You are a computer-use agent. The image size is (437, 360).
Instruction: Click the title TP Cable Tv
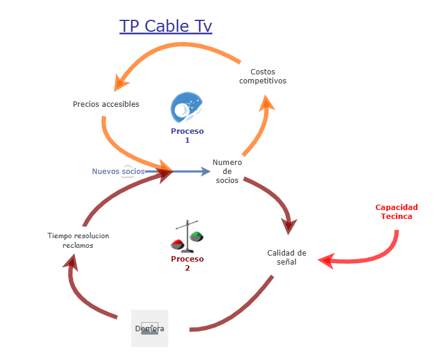pos(165,26)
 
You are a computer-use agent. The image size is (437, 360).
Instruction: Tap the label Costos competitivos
pos(263,76)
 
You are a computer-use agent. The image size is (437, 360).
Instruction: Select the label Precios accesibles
pos(106,104)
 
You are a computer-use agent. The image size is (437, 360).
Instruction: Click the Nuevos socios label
pos(118,172)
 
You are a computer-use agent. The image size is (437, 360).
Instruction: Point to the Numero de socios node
pos(227,172)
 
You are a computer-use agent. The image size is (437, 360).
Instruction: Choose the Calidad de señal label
pos(287,257)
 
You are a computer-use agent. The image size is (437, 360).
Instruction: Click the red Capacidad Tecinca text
pos(396,212)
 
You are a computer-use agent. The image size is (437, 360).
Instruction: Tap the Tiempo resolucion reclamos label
pos(78,241)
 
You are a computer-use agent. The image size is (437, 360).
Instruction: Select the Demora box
pos(150,328)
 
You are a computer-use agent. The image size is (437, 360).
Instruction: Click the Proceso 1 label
pos(187,136)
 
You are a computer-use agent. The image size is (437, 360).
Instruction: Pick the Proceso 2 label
pos(187,263)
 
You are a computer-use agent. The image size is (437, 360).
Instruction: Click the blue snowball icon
pos(186,107)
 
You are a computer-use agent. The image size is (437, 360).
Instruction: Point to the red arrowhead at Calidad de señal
pos(326,260)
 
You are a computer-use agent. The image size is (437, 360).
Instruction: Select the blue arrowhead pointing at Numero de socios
pos(205,172)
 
